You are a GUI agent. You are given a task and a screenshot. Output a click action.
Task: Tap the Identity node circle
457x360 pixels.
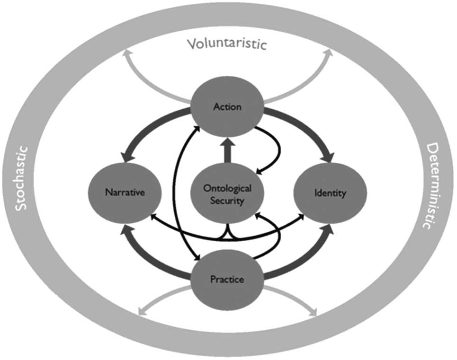[331, 193]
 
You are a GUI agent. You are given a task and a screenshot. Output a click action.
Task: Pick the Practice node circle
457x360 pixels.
[227, 279]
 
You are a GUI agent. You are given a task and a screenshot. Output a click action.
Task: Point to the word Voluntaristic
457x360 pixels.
[227, 45]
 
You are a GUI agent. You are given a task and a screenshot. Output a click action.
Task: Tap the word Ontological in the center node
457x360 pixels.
[227, 188]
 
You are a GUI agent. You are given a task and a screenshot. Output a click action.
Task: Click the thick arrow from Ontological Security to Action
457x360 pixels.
[227, 150]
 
